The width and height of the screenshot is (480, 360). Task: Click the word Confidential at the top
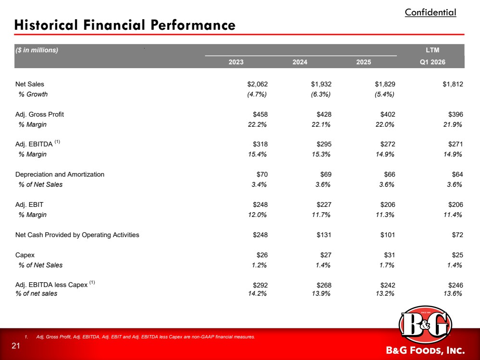(x=431, y=12)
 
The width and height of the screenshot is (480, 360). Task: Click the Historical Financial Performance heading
(x=125, y=25)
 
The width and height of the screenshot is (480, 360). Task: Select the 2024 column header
(x=300, y=62)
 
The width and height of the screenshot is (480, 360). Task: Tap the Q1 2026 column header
(x=432, y=62)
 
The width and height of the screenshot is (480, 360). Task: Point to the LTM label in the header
(x=432, y=50)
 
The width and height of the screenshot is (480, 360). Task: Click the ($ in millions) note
(x=37, y=50)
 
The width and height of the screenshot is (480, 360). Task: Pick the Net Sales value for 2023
(x=258, y=84)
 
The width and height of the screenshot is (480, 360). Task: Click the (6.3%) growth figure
(x=321, y=94)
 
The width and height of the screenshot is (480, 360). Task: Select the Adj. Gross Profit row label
(x=39, y=114)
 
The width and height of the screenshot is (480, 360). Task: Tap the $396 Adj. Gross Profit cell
(x=455, y=114)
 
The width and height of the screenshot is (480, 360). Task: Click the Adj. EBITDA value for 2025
(x=388, y=144)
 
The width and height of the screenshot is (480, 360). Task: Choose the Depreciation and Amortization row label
(x=60, y=174)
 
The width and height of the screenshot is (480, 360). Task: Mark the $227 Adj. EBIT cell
(x=324, y=204)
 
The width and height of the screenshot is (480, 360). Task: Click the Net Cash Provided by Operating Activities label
(x=77, y=235)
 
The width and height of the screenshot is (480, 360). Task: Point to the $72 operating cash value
(x=457, y=235)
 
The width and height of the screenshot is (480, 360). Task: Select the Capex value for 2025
(x=389, y=255)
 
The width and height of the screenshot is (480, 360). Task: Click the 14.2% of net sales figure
(x=257, y=294)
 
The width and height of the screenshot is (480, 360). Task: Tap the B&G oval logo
(x=425, y=324)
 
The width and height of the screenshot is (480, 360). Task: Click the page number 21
(x=15, y=346)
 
